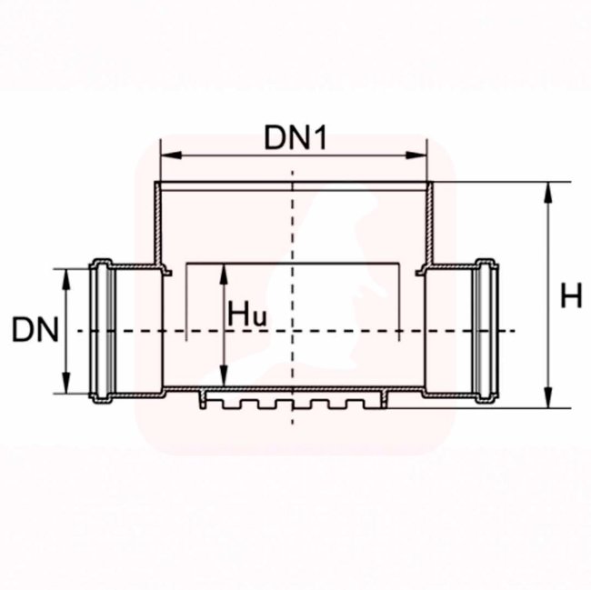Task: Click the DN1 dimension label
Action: pos(295,138)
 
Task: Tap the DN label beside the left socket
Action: pos(35,330)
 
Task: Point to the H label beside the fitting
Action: pos(571,295)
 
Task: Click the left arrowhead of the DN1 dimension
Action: pos(171,155)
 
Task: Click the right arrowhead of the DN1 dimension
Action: pos(416,155)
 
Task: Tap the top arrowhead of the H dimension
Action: pos(549,192)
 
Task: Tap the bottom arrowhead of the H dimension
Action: pos(549,397)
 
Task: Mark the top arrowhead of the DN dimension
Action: pos(66,279)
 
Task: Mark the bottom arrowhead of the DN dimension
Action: pos(66,383)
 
